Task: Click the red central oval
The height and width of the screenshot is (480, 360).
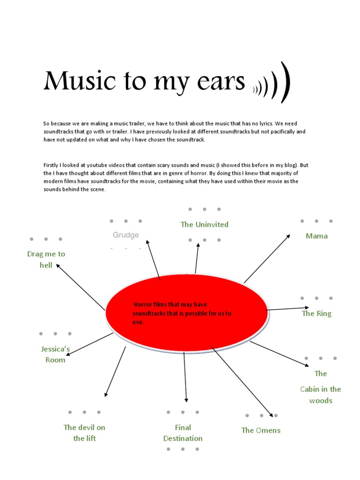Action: click(187, 313)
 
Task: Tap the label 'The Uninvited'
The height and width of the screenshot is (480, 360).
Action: click(204, 225)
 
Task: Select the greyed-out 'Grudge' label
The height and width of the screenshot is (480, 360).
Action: click(126, 235)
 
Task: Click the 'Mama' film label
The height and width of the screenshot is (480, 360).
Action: click(316, 236)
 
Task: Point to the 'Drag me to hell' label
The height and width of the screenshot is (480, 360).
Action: click(46, 259)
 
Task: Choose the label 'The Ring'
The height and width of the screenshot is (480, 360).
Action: click(316, 314)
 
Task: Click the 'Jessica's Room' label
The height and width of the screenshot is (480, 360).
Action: click(55, 354)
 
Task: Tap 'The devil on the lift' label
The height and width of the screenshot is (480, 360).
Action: click(84, 433)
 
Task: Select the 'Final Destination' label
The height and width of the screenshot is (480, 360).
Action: click(183, 433)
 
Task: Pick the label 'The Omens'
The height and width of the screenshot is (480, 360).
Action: click(261, 430)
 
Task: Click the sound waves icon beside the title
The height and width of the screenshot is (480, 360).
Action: click(271, 82)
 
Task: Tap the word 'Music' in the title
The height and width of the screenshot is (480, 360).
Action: click(80, 81)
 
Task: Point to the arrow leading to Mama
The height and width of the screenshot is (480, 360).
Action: click(267, 259)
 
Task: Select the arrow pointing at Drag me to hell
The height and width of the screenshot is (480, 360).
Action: click(81, 287)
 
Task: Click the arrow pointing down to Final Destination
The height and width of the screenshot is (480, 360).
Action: click(185, 377)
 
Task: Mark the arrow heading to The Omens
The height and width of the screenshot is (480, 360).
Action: click(242, 382)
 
